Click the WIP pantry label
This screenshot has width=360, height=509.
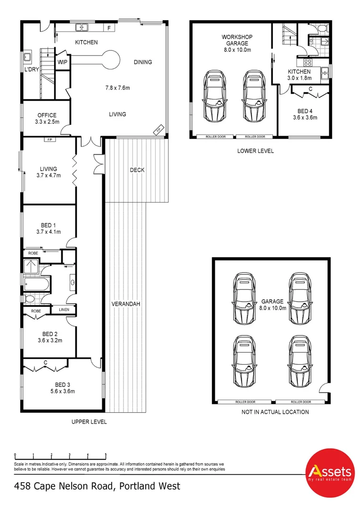tap(62, 62)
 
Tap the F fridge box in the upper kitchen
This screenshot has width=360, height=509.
tap(109, 28)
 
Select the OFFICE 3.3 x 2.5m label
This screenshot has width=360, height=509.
tap(47, 118)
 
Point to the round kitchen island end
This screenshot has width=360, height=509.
tap(111, 60)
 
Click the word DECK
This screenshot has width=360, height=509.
tap(137, 170)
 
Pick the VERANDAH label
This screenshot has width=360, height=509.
tap(126, 304)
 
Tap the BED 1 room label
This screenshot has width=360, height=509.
tap(49, 225)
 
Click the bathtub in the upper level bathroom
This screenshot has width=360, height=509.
tap(37, 284)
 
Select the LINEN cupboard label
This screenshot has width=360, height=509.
tap(64, 310)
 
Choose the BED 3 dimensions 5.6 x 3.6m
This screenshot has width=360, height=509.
tap(62, 391)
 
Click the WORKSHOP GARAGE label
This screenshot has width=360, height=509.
tap(237, 40)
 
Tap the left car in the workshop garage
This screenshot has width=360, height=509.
tap(214, 96)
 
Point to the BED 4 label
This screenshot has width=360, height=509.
tap(305, 111)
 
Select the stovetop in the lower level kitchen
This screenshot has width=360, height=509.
tap(308, 63)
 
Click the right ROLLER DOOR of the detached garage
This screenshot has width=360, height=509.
tap(301, 402)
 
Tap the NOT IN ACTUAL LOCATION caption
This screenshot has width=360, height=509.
tap(275, 412)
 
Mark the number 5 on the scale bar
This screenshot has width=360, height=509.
tap(106, 455)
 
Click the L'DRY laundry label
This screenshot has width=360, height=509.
tap(32, 69)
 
